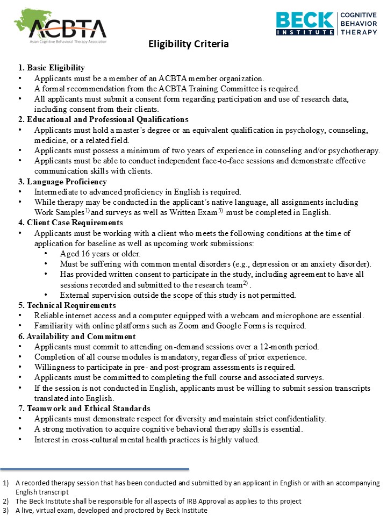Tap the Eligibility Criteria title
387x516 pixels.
188,44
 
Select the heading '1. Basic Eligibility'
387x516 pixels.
52,68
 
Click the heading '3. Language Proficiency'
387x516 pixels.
62,182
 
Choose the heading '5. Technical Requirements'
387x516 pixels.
67,305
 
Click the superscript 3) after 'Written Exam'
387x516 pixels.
235,211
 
